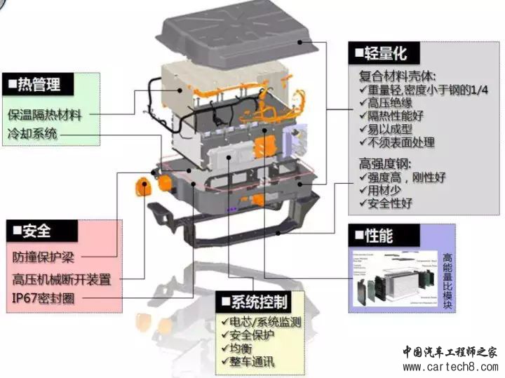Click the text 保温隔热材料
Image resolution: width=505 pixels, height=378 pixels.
[44, 114]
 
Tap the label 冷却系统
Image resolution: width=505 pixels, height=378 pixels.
[32, 133]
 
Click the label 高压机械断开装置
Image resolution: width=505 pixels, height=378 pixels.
[61, 278]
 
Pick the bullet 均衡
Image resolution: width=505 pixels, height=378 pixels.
[240, 349]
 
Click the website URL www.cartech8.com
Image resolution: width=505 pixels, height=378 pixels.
[448, 366]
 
